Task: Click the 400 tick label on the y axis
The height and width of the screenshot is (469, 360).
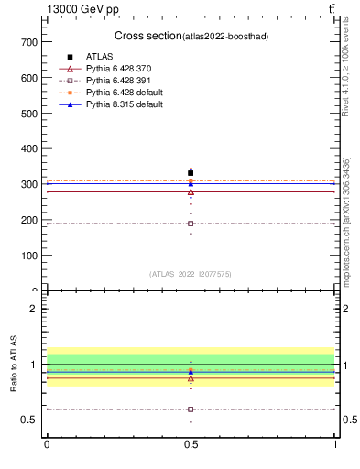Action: [29, 148]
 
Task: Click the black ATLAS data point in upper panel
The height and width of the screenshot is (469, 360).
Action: [191, 173]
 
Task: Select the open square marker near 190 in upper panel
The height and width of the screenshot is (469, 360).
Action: [191, 224]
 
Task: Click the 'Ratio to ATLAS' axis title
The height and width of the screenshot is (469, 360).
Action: [15, 365]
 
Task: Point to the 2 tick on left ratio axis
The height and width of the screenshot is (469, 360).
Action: [34, 309]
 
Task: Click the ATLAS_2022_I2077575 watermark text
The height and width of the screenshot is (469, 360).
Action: [191, 273]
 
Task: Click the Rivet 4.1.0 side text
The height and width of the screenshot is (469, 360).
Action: [346, 78]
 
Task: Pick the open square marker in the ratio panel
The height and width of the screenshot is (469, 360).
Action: [191, 409]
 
